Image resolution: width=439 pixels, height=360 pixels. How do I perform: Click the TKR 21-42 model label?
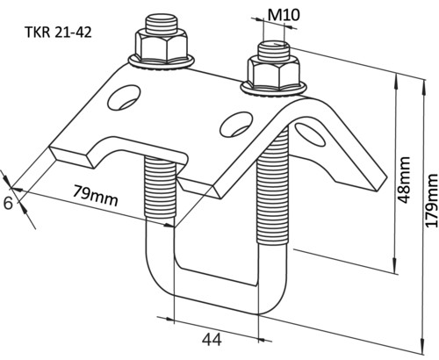(x=59, y=32)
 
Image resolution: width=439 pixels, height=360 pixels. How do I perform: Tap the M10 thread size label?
(x=284, y=15)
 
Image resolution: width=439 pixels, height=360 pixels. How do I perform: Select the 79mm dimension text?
(x=96, y=195)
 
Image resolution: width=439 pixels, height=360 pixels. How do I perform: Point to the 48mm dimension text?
(x=403, y=180)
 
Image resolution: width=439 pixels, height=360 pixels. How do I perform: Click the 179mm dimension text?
(x=431, y=201)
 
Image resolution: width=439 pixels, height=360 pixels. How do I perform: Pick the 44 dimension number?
(x=212, y=340)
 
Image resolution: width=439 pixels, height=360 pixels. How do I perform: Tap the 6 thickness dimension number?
(x=8, y=203)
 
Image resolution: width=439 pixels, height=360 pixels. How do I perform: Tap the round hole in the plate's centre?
(x=236, y=124)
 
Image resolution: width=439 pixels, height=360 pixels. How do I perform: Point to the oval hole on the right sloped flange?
(x=310, y=134)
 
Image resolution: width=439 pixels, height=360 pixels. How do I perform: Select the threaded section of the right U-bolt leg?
(x=273, y=187)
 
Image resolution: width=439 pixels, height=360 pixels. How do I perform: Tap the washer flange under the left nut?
(x=161, y=62)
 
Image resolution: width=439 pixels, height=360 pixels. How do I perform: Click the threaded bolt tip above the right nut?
(x=274, y=49)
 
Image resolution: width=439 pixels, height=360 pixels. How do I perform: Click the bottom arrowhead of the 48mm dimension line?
(x=396, y=266)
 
